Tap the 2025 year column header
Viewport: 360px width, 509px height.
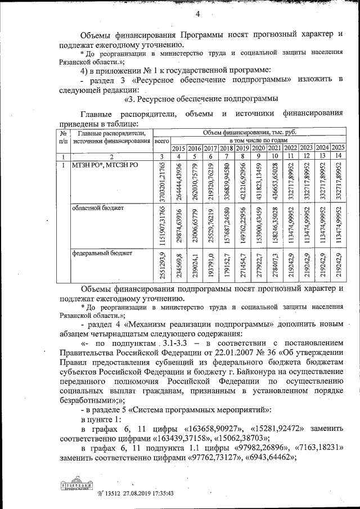point(338,147)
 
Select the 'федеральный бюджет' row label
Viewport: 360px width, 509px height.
point(102,253)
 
